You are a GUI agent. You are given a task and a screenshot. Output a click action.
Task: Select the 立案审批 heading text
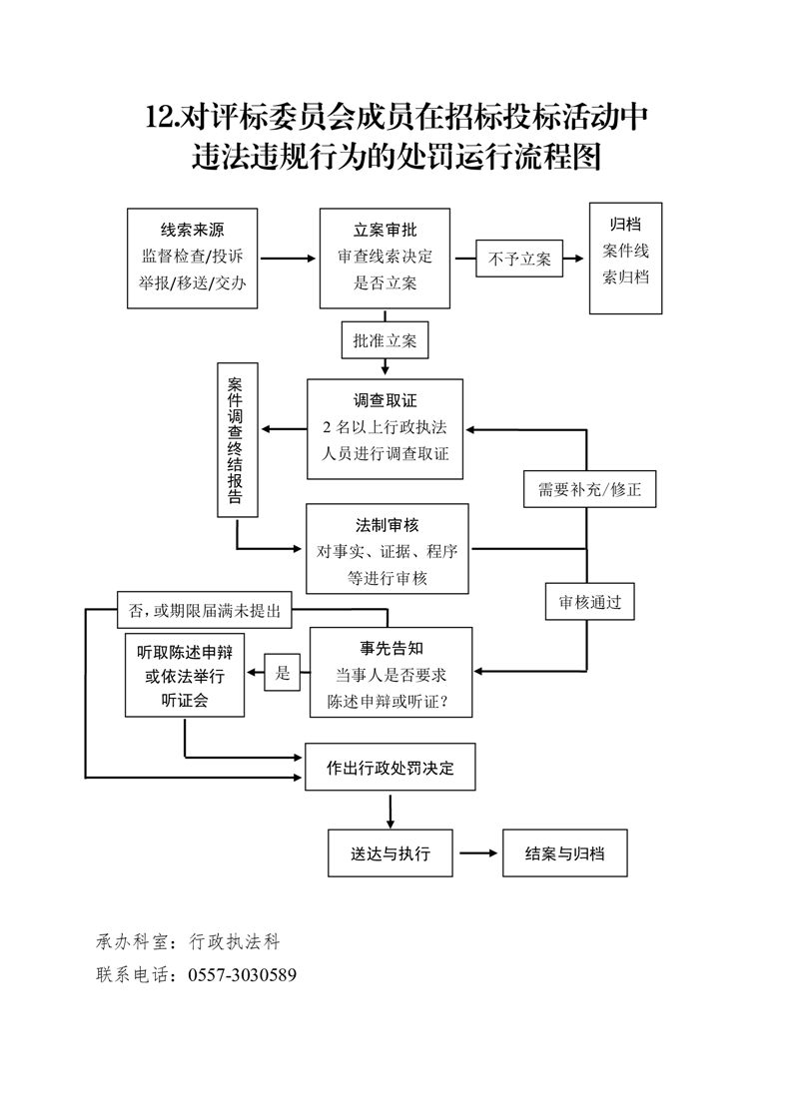pos(385,229)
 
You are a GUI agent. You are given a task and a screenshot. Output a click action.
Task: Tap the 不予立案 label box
pos(519,259)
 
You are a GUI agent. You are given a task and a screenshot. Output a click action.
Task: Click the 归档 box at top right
pos(625,258)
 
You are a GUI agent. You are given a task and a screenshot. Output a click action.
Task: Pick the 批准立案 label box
pos(385,340)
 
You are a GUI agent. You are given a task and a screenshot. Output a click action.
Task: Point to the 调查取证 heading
pos(385,400)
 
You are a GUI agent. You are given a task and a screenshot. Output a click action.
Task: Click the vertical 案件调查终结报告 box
pos(238,440)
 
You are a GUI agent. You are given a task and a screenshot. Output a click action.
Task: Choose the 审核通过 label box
pos(589,602)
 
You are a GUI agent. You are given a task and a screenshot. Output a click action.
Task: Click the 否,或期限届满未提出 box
pos(204,609)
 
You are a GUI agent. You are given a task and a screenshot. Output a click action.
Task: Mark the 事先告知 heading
pos(391,647)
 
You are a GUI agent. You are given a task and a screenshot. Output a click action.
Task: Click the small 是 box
pos(283,674)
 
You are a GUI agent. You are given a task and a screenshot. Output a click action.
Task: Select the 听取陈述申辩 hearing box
pos(185,676)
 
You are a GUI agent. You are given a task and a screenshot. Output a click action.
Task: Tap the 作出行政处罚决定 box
pos(390,769)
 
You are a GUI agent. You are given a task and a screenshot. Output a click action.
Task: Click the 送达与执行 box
pos(390,853)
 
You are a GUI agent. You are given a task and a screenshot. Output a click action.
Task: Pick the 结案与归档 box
pos(564,853)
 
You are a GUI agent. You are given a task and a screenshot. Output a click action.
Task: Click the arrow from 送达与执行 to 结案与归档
pos(477,853)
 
